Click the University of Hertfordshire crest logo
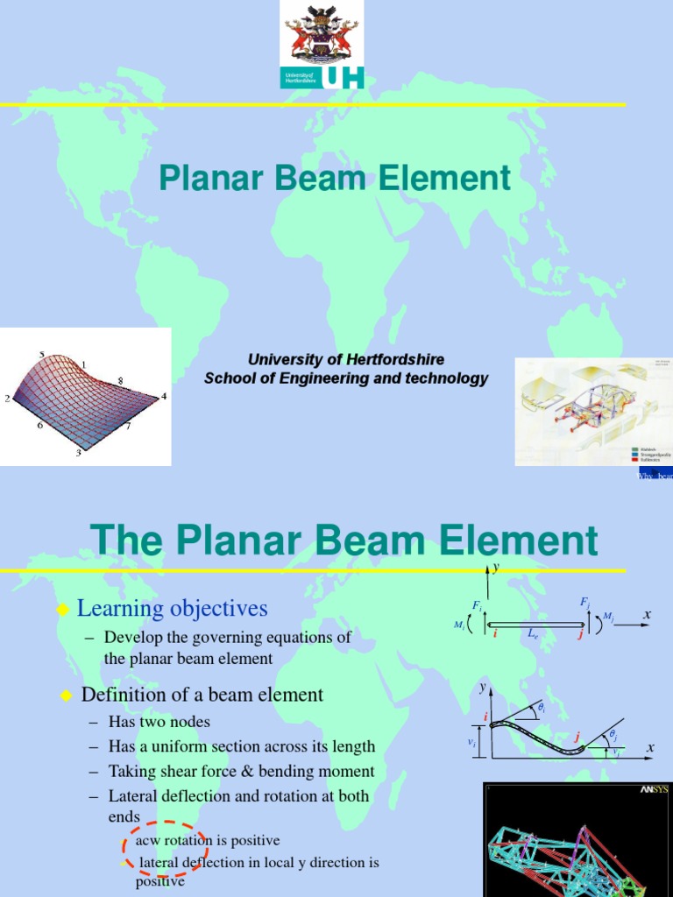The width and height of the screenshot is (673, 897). pos(322,32)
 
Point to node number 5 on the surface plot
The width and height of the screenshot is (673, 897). pos(42,354)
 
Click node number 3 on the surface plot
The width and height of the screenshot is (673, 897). pos(78,452)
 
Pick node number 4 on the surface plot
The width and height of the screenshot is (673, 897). pos(163,396)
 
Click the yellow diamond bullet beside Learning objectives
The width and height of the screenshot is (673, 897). pos(62,609)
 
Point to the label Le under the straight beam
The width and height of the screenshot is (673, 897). pos(534,633)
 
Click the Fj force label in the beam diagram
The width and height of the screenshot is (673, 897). pos(584,603)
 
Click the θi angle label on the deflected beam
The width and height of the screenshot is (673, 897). pos(542,706)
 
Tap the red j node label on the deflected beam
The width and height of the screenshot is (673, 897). pos(577,738)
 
